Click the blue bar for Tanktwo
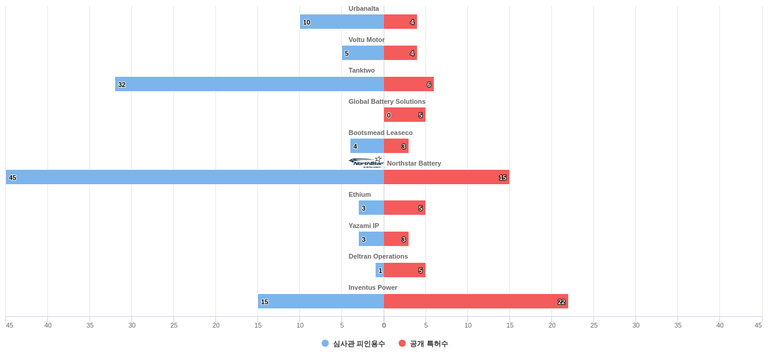250,84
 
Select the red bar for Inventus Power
476,301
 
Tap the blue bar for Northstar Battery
195,177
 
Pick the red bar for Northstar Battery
446,177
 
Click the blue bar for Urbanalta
342,22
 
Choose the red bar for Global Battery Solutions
405,115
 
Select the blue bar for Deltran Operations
380,270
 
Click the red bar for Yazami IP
396,239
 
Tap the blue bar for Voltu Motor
363,53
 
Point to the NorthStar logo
365,162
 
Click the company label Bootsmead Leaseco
380,133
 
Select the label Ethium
359,194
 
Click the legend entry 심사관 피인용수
354,344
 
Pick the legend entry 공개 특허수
424,344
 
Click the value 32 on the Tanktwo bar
122,85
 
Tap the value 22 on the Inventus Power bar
562,302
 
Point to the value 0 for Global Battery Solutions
389,115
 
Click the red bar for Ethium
404,208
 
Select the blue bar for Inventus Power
321,301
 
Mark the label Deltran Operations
378,256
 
